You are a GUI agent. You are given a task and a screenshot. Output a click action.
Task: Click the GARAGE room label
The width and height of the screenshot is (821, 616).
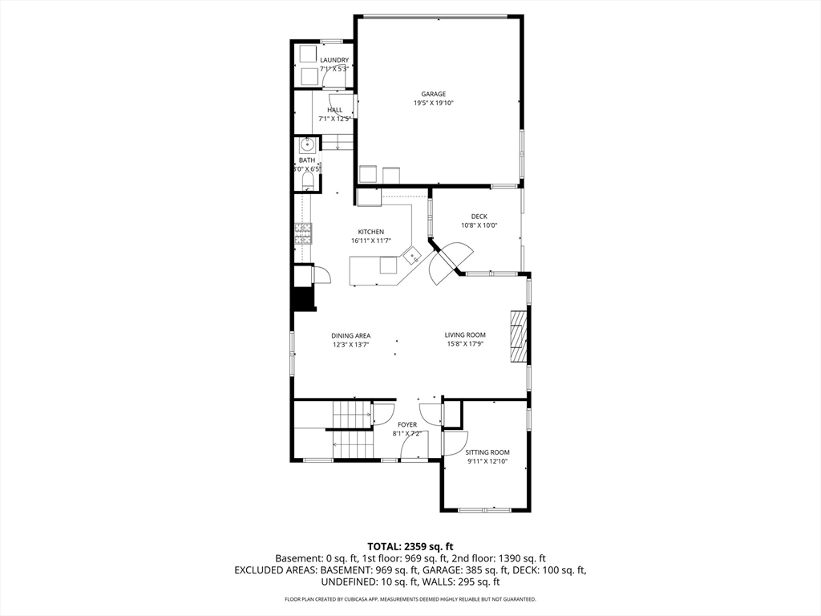coord(434,95)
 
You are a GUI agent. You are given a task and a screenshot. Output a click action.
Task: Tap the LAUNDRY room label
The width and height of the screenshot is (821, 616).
coord(334,60)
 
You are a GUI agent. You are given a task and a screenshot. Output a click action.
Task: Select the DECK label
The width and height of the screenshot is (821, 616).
coord(479,217)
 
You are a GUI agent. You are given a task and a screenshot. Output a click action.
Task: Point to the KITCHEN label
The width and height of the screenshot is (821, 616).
coord(370,232)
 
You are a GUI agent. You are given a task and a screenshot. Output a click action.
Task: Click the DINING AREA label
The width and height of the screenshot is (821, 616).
coord(351,336)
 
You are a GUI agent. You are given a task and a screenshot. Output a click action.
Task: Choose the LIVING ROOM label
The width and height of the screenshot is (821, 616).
coord(465,335)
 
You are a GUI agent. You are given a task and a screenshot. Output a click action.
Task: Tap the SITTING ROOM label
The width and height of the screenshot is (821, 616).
coord(487,452)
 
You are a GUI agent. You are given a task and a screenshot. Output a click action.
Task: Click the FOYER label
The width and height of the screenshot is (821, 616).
coord(407,425)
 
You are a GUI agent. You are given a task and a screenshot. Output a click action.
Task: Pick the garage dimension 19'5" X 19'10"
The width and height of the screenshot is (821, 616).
coord(434,103)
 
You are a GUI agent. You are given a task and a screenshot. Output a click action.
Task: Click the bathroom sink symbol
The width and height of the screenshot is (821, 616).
coord(306,144)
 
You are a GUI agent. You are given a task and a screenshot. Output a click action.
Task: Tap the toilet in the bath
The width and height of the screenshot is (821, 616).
coord(307,181)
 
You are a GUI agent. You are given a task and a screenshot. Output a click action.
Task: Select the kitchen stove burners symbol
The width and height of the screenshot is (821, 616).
coord(303,233)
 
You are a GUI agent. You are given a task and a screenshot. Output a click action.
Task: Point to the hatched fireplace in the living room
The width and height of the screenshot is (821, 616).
coord(518,336)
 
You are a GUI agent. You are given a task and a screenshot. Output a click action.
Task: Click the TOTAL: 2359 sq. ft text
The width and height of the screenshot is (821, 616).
coord(410,547)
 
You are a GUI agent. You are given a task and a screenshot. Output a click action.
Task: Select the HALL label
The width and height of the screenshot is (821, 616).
coord(335,110)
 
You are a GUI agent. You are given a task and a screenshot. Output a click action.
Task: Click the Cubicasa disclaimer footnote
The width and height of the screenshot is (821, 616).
coord(410,598)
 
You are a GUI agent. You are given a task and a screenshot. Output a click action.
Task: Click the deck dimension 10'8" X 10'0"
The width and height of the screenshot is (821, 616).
coord(479,225)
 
